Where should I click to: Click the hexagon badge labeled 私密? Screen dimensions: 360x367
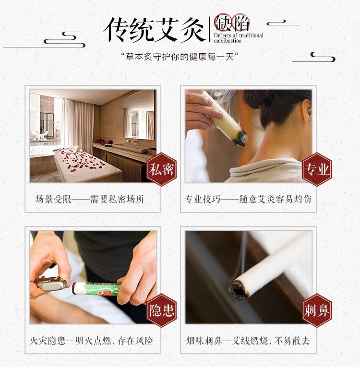(x=162, y=169)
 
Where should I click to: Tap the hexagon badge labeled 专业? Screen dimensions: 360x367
(x=317, y=169)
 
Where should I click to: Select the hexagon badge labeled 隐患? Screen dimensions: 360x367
(x=162, y=310)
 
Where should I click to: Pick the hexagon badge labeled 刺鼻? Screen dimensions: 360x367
(x=317, y=310)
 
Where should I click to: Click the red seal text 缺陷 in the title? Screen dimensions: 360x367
(x=231, y=23)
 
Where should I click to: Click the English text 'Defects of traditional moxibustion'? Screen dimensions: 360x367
(x=239, y=38)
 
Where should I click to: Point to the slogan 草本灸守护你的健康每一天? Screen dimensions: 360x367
(x=180, y=57)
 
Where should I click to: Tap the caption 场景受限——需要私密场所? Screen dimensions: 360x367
(x=90, y=199)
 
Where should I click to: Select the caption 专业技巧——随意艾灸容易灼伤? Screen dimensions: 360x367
(x=248, y=199)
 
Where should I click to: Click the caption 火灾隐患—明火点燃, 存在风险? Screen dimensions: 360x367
(x=91, y=341)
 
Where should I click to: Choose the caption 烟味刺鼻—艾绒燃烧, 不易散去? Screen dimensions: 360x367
(x=248, y=341)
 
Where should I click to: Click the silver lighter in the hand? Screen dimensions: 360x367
(x=51, y=284)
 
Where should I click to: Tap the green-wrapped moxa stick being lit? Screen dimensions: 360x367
(x=96, y=289)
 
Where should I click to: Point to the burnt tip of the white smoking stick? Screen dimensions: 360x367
(x=238, y=290)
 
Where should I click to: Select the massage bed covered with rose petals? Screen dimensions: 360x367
(x=88, y=165)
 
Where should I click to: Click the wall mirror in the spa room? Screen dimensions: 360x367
(x=139, y=115)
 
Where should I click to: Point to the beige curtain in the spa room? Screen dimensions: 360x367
(x=78, y=125)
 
